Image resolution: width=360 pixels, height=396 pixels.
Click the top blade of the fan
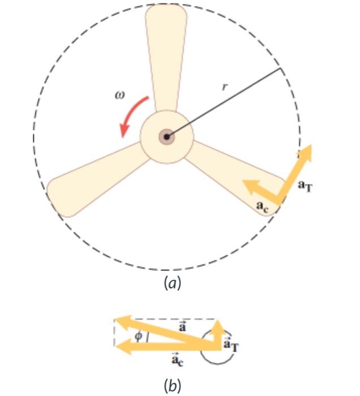(166, 57)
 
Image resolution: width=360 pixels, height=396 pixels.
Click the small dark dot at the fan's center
(167, 136)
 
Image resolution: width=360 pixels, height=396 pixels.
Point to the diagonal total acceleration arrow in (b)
(164, 330)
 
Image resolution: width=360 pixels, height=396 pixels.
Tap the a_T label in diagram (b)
(231, 345)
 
